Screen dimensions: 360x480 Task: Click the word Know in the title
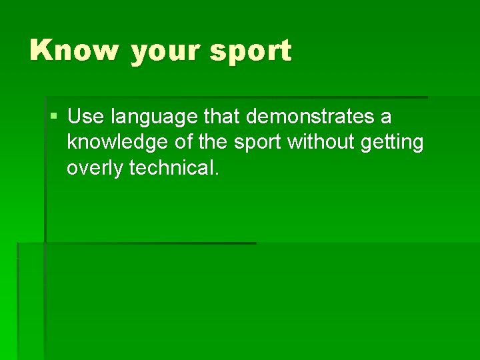[x=74, y=51]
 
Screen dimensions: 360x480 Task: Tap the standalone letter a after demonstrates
[x=386, y=119]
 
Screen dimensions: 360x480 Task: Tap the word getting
[x=394, y=143]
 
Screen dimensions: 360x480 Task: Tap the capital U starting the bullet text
[x=75, y=117]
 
